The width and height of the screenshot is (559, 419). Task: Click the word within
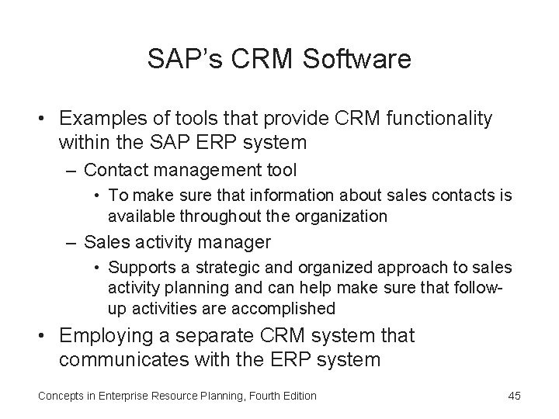(x=83, y=142)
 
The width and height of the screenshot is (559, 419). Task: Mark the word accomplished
(x=286, y=308)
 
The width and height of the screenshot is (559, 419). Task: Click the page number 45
(x=513, y=396)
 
